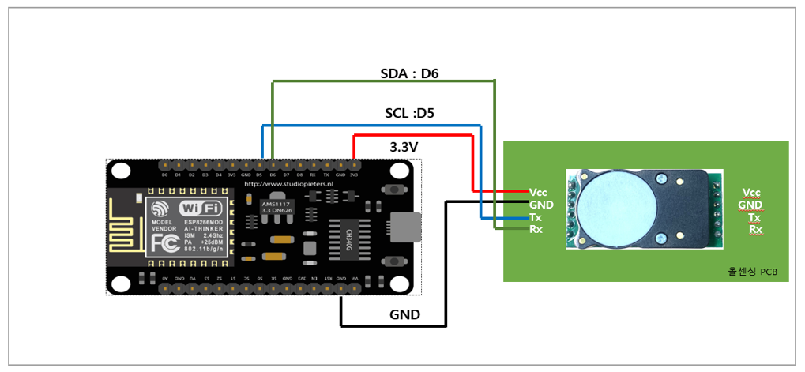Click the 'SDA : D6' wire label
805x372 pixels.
(409, 73)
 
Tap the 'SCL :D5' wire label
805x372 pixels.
(409, 113)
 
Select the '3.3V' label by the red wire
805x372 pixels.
(405, 147)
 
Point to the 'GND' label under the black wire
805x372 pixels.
(404, 314)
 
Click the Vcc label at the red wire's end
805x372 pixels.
(538, 192)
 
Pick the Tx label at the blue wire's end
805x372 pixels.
(536, 217)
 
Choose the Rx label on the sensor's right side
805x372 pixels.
(756, 230)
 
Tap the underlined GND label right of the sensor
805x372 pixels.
(751, 205)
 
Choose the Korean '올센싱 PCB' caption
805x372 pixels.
(752, 271)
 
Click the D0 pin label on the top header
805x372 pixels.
(164, 174)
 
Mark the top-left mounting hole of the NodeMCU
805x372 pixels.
(121, 170)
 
